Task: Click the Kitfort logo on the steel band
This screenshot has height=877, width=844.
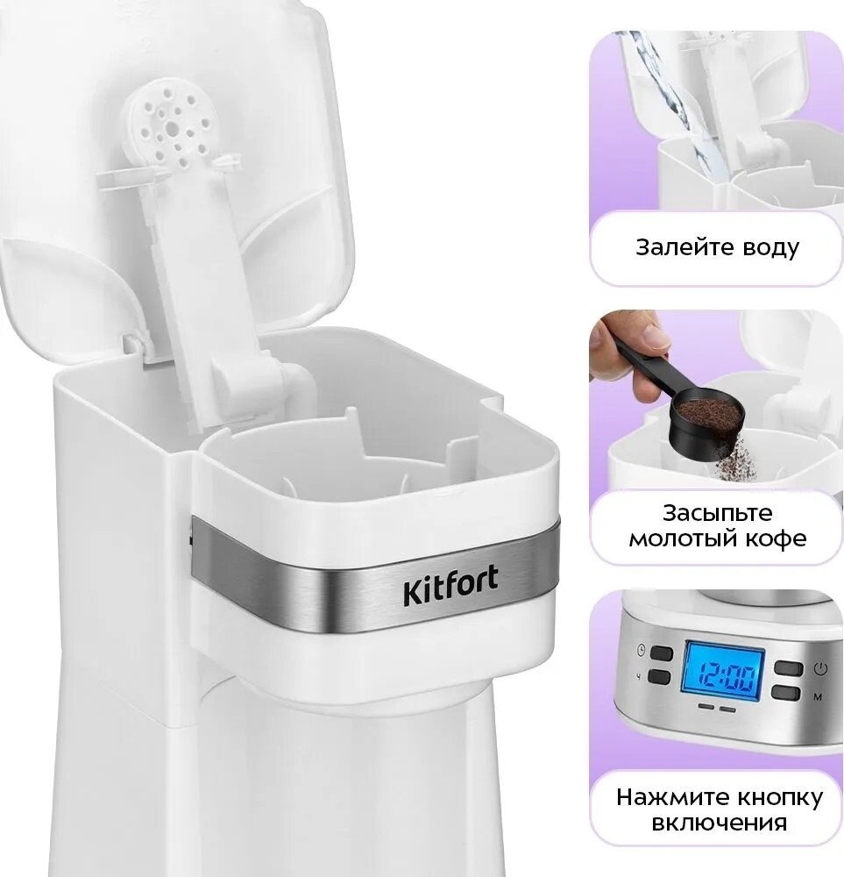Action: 450,586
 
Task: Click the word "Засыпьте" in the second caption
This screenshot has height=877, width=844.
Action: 717,513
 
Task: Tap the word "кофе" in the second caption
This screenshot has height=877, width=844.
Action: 775,538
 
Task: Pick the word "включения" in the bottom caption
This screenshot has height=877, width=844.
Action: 720,824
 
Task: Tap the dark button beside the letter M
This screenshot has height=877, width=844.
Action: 788,693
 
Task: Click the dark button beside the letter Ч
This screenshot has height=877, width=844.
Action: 660,677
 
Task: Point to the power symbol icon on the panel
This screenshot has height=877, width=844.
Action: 820,667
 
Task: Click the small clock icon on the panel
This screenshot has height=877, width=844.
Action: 641,650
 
